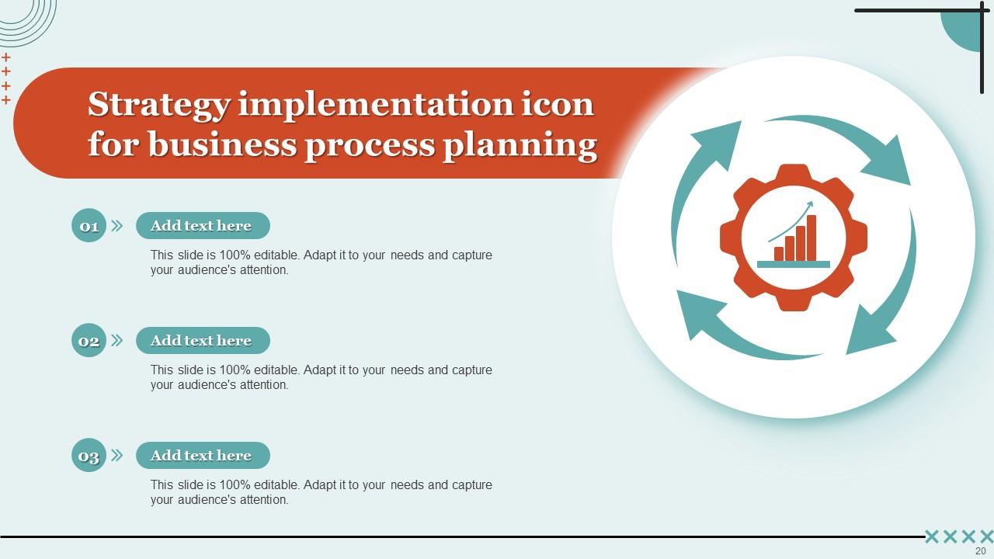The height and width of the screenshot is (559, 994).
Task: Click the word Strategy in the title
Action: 158,105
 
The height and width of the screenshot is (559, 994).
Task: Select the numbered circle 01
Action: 89,226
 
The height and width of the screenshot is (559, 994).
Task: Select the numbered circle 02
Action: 89,341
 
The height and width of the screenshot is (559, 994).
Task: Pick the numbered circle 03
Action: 89,456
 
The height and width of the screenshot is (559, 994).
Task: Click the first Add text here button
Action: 202,226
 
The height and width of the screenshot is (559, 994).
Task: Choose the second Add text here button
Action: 202,341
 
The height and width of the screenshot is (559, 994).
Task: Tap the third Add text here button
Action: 202,456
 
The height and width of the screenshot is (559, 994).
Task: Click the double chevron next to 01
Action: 117,226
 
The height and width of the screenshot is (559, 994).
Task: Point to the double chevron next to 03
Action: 117,456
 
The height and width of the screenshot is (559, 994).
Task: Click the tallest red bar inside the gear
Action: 812,238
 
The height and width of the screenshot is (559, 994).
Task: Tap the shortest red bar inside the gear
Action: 779,254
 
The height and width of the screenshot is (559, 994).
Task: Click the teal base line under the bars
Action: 793,264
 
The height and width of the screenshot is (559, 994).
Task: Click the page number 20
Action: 980,550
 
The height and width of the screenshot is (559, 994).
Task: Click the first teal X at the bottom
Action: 932,536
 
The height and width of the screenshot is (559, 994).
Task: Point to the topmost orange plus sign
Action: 6,57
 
